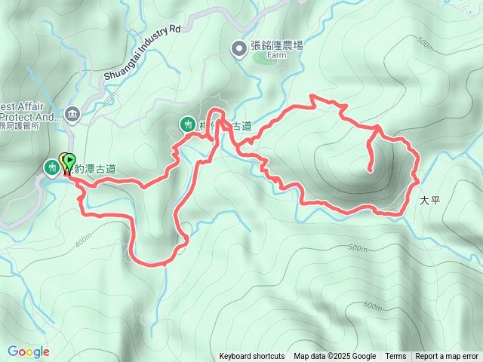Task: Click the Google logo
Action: click(29, 351)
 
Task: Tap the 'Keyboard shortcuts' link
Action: click(251, 357)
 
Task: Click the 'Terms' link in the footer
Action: click(395, 357)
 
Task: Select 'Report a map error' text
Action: click(448, 357)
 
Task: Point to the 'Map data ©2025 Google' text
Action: click(334, 357)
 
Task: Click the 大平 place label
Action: click(429, 201)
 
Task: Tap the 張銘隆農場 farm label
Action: click(277, 46)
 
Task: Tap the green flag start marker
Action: click(70, 161)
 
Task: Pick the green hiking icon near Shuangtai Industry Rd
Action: click(186, 124)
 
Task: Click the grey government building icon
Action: click(72, 114)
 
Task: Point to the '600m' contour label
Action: click(372, 305)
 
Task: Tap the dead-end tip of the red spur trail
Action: click(371, 171)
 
